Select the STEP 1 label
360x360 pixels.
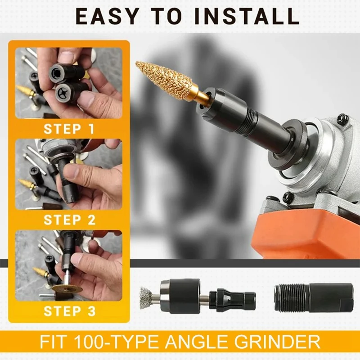pyautogui.click(x=69, y=129)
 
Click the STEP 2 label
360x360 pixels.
pyautogui.click(x=69, y=220)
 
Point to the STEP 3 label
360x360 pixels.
pyautogui.click(x=69, y=311)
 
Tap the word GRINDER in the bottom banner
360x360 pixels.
pyautogui.click(x=283, y=342)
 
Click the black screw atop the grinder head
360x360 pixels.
pyautogui.click(x=343, y=119)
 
